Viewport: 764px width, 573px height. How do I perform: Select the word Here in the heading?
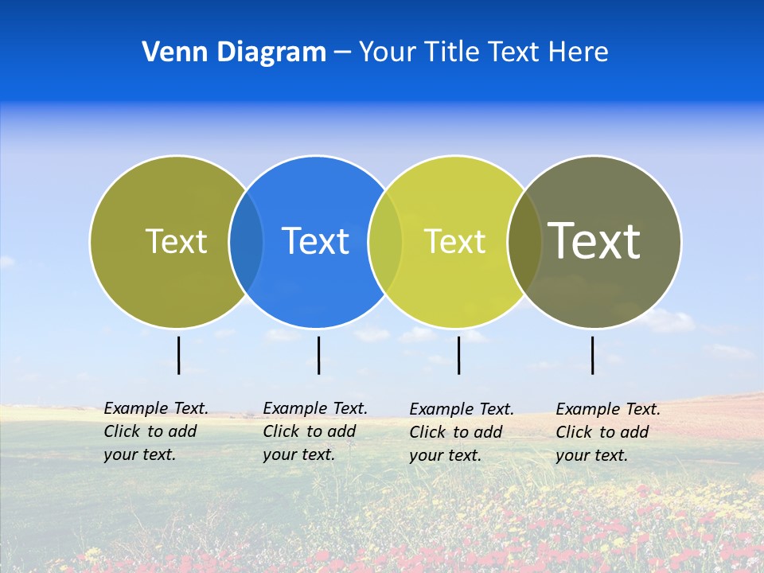579,53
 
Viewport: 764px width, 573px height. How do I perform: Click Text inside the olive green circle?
176,241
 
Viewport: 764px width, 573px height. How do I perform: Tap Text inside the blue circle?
315,241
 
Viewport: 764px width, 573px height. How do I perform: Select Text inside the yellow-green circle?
454,241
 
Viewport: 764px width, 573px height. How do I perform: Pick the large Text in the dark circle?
594,240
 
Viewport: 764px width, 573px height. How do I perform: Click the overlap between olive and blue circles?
246,241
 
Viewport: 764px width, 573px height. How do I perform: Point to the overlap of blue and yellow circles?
385,241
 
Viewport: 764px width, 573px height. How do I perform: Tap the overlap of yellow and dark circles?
524,241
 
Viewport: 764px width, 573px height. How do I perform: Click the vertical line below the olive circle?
178,355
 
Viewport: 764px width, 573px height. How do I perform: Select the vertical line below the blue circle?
318,355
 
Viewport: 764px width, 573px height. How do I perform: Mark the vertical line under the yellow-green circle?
458,355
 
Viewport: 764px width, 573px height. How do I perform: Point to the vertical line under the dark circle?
593,355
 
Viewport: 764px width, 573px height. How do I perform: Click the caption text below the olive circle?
155,431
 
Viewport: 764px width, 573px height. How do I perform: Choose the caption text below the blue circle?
314,431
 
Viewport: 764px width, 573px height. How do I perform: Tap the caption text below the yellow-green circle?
461,432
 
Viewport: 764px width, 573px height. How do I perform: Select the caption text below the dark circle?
607,432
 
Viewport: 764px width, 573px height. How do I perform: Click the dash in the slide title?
342,53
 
